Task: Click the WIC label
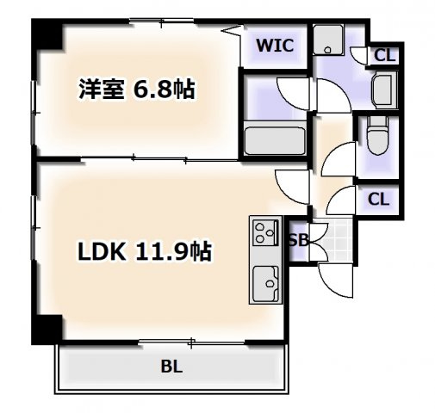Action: click(x=275, y=46)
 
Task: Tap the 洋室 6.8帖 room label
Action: click(x=137, y=89)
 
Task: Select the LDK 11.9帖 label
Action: click(x=145, y=251)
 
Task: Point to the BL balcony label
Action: click(x=171, y=367)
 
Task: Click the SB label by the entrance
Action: click(x=299, y=240)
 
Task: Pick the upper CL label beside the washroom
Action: click(x=385, y=56)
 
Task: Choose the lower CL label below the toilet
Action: click(x=378, y=199)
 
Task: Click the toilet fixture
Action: click(x=377, y=135)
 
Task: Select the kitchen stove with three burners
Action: click(x=265, y=231)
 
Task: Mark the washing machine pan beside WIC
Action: click(x=328, y=40)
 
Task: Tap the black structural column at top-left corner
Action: click(x=47, y=34)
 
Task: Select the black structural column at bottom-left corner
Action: click(x=47, y=330)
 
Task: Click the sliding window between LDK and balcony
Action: click(x=192, y=342)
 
